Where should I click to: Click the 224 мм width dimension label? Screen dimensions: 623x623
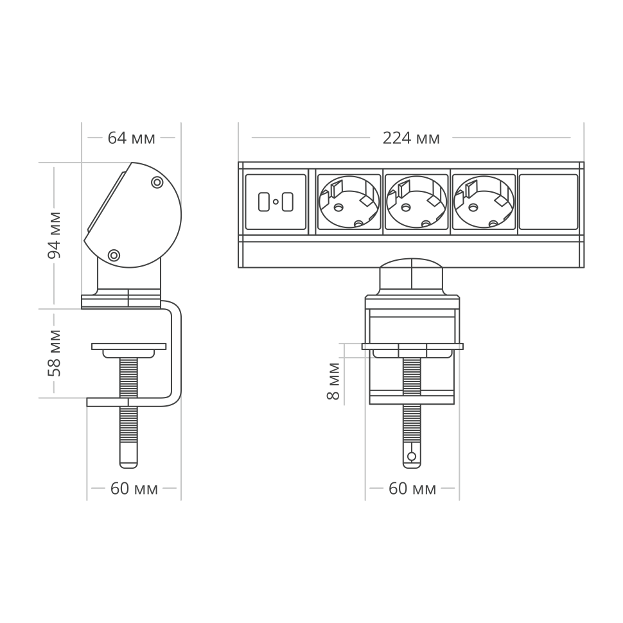[x=411, y=138]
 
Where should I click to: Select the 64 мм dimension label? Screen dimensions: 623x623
[x=131, y=138]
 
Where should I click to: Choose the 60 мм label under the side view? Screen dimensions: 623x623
[x=134, y=489]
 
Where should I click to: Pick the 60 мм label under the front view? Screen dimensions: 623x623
[x=412, y=489]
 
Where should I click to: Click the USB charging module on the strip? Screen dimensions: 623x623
[x=276, y=202]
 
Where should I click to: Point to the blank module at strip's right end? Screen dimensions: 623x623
[x=548, y=202]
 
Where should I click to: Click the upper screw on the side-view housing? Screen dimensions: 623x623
[x=156, y=182]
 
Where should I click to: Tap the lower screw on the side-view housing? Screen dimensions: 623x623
[x=114, y=256]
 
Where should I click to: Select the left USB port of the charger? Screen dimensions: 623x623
[x=263, y=202]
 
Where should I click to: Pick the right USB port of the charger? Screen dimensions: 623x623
[x=288, y=202]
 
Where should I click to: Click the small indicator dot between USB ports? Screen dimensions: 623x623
[x=276, y=202]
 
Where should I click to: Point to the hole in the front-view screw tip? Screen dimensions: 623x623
[x=412, y=457]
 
